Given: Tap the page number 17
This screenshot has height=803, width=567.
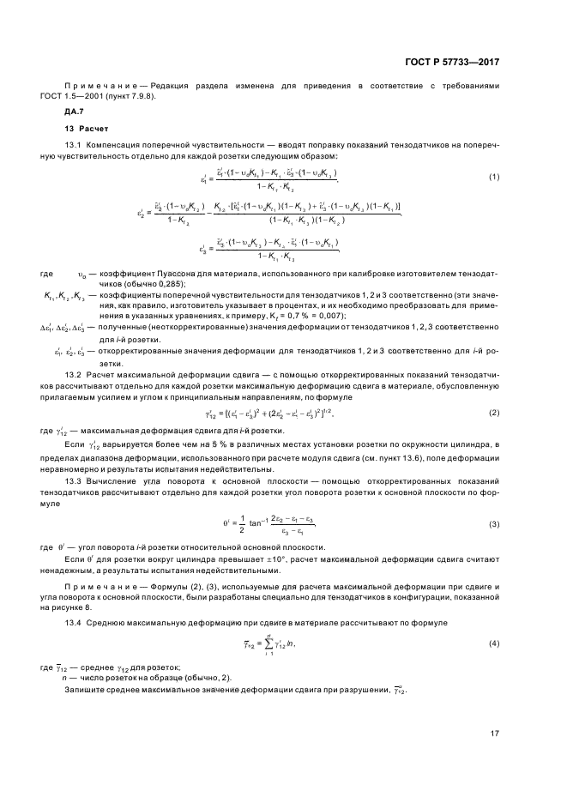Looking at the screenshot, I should point(495,734).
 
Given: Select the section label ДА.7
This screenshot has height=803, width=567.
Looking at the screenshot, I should point(75,112).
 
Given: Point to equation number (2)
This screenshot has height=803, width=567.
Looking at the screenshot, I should point(494,413).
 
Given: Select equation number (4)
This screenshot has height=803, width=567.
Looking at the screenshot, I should point(494,642).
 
